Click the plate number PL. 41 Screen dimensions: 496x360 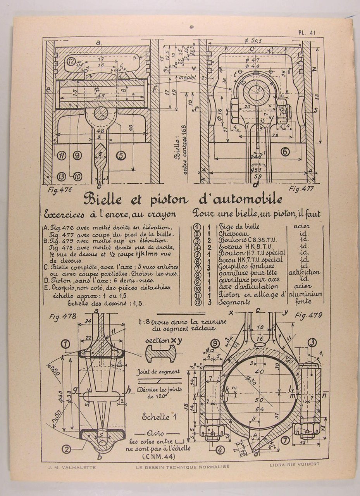click(x=306, y=33)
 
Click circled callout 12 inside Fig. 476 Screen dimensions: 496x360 click(x=71, y=61)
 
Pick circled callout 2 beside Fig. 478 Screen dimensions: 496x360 click(x=67, y=449)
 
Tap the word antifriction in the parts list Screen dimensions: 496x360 click(x=304, y=272)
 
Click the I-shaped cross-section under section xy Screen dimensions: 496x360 click(x=160, y=354)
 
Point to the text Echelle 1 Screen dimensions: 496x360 click(x=159, y=417)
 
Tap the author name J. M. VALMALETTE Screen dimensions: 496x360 click(x=67, y=467)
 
